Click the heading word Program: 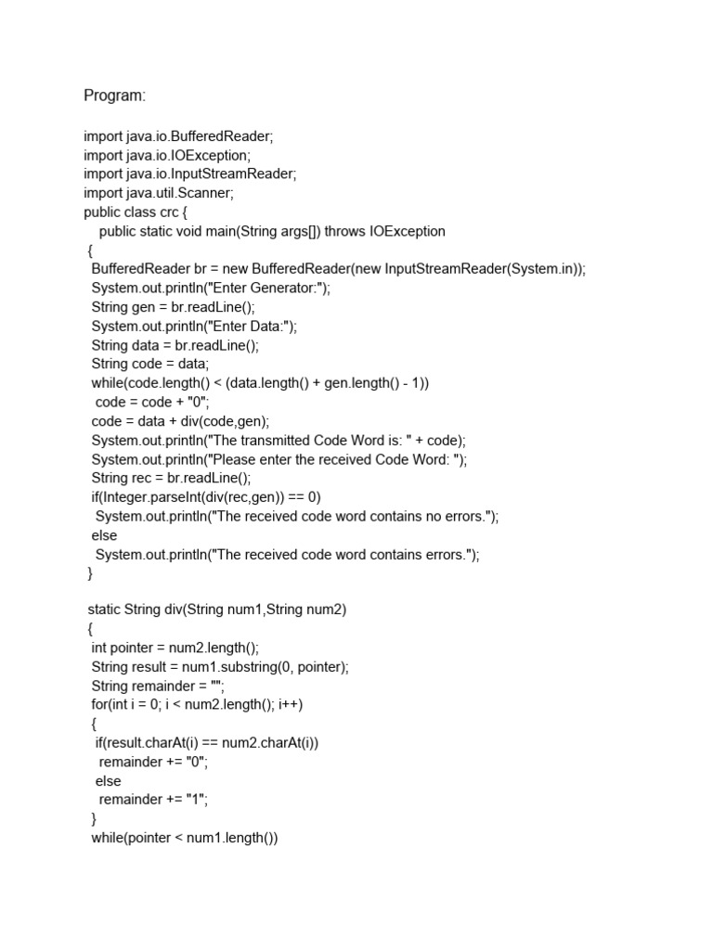[115, 96]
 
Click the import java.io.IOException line [167, 155]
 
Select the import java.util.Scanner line [159, 193]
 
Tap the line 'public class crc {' [136, 212]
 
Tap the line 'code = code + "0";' [153, 403]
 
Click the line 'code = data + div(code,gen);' [180, 421]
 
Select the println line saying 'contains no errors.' [297, 517]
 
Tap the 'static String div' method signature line [217, 609]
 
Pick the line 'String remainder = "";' [159, 686]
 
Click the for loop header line [198, 704]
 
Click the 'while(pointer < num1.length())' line [185, 838]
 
